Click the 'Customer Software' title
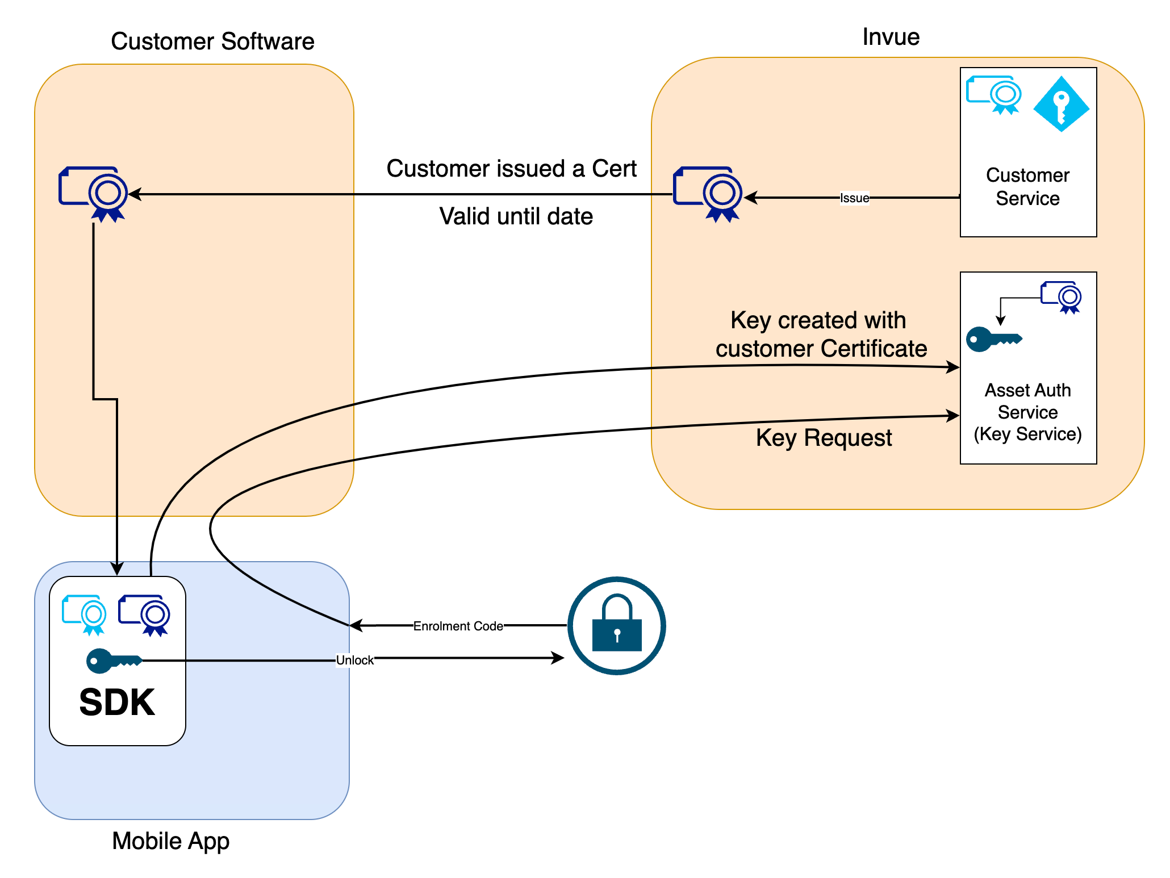[x=212, y=41]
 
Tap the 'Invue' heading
[x=891, y=37]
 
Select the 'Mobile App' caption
[x=170, y=841]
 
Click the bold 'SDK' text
[x=117, y=703]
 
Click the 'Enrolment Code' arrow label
[x=458, y=626]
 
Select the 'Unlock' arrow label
[x=354, y=660]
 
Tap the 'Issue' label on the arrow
[x=854, y=198]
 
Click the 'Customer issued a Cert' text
[x=511, y=169]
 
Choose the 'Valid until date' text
[x=516, y=216]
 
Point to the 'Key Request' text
[x=824, y=438]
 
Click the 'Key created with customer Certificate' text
[x=821, y=335]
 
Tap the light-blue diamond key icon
[x=1061, y=104]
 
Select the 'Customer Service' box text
[x=1027, y=186]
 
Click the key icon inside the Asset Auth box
[x=993, y=340]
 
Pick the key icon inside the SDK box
[x=113, y=661]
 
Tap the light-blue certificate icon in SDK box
[x=85, y=614]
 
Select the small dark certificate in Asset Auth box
[x=1061, y=297]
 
